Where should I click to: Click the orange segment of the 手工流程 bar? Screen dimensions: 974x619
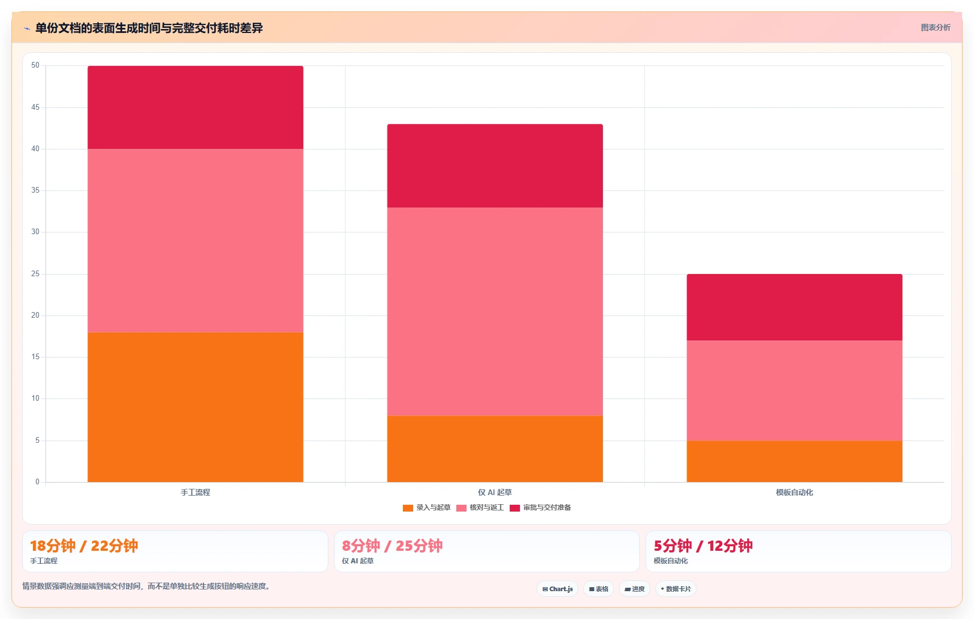click(195, 407)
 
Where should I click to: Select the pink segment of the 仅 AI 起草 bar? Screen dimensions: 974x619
click(495, 311)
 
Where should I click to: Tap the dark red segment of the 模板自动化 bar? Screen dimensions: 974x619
click(794, 307)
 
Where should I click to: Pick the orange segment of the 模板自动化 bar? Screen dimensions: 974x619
click(794, 462)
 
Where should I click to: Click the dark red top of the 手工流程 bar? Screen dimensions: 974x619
click(195, 107)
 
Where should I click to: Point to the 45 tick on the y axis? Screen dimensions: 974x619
click(35, 107)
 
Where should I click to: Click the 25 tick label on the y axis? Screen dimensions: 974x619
click(35, 273)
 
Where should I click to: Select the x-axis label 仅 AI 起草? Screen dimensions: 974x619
click(495, 492)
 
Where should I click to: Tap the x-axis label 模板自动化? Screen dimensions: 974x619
click(794, 492)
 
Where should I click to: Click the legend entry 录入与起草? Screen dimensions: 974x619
click(427, 508)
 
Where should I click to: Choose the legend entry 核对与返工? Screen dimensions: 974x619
click(481, 508)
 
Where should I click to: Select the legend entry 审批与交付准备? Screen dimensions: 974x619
click(540, 508)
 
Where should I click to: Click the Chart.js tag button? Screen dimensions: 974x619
click(557, 589)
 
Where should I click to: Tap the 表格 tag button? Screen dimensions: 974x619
click(598, 589)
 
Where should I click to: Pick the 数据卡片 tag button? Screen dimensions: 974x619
click(676, 589)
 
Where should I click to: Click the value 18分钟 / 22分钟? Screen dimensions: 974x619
click(84, 546)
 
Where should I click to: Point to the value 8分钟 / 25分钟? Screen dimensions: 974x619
click(392, 546)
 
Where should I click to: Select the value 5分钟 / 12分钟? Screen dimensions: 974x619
click(703, 546)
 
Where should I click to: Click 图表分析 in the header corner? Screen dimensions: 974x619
click(935, 27)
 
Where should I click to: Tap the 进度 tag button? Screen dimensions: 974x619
click(634, 589)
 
